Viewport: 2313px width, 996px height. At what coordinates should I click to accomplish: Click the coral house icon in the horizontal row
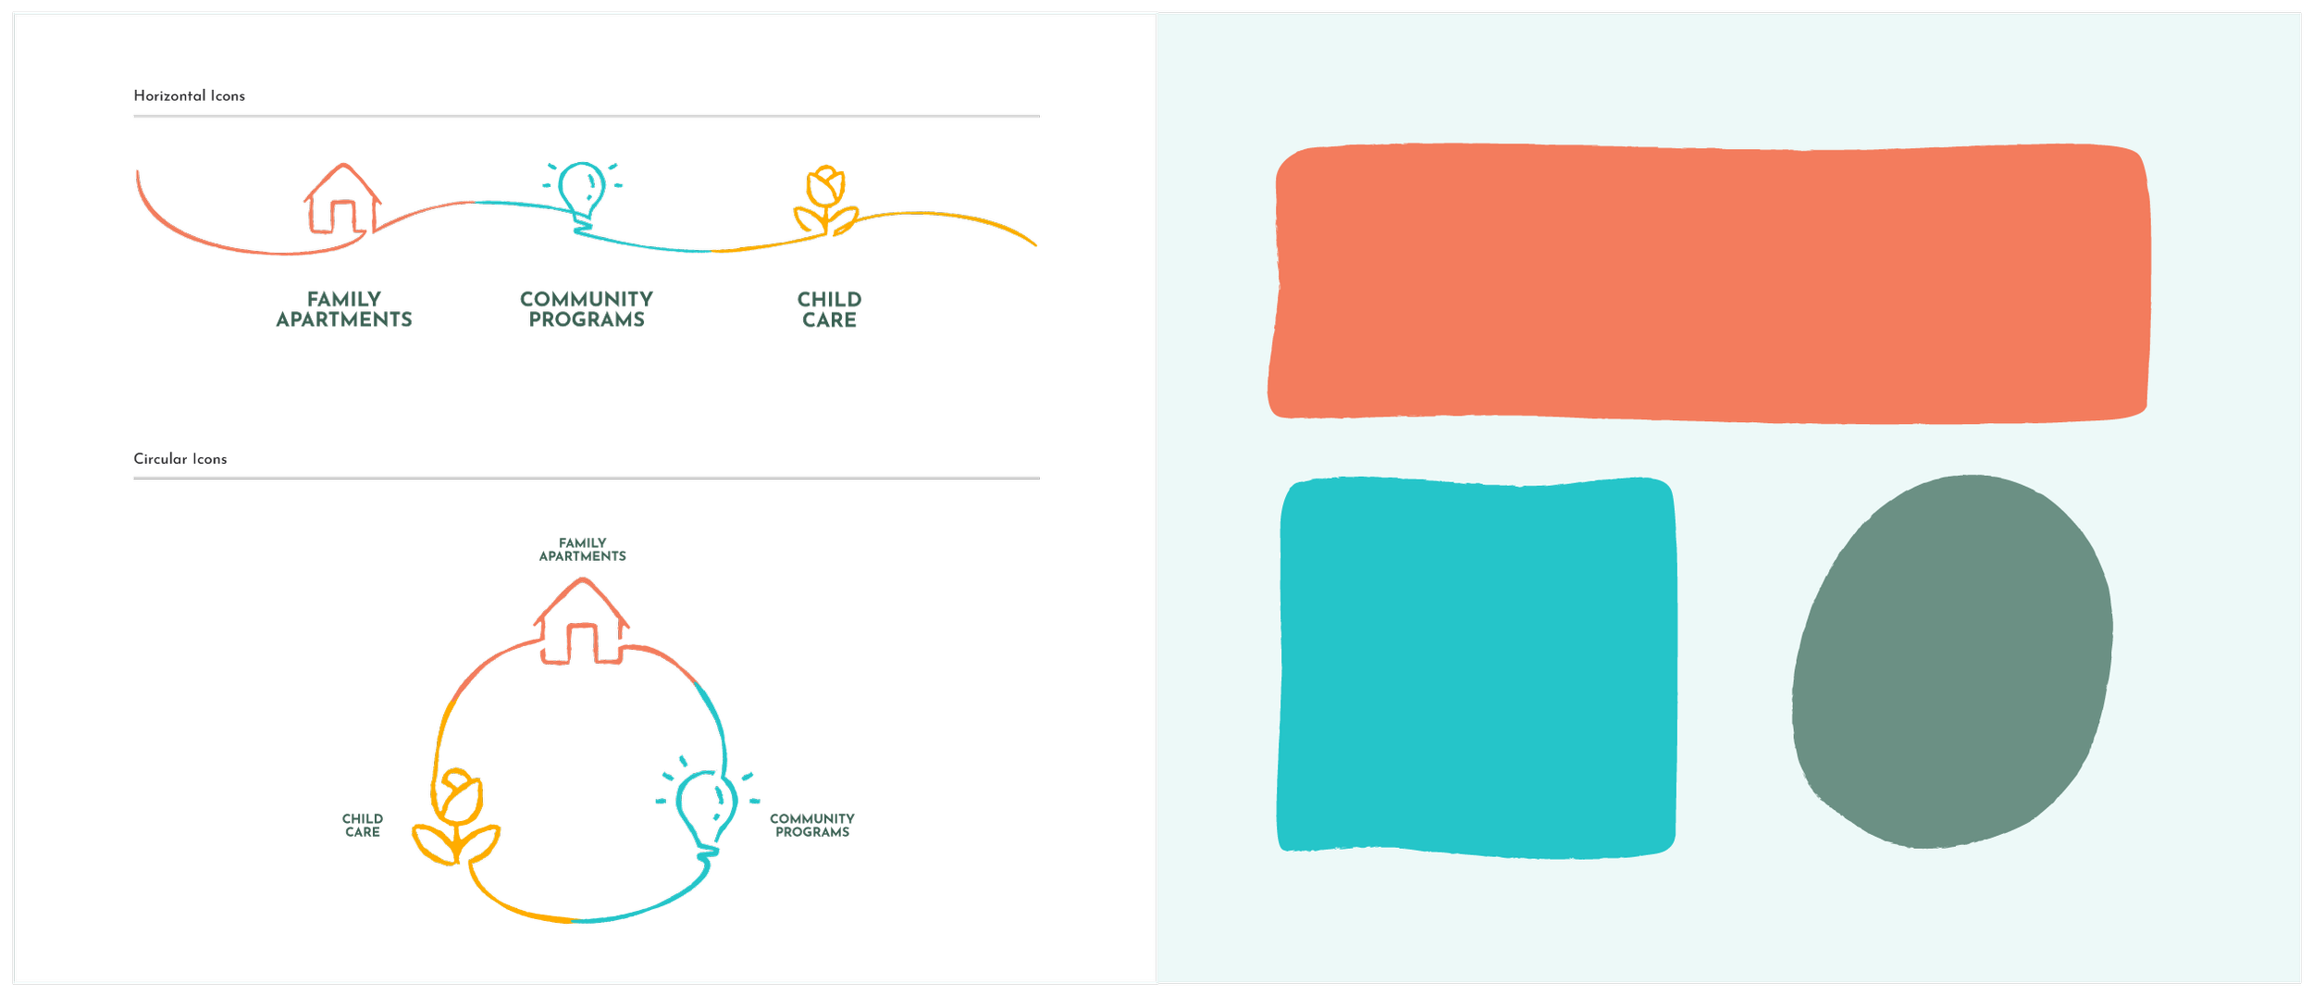pyautogui.click(x=342, y=199)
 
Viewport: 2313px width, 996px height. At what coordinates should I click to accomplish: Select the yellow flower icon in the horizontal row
pyautogui.click(x=825, y=199)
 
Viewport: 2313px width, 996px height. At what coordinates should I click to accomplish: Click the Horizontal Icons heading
pyautogui.click(x=189, y=96)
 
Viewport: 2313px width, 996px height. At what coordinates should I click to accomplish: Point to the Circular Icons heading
pyautogui.click(x=179, y=459)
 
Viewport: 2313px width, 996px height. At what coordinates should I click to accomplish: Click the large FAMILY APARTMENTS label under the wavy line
pyautogui.click(x=344, y=309)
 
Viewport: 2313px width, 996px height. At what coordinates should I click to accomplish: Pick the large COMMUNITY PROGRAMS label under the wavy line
pyautogui.click(x=587, y=309)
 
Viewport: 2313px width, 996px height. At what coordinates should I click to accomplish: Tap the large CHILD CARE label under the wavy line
pyautogui.click(x=830, y=309)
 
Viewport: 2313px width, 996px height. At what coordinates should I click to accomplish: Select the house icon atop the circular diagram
pyautogui.click(x=581, y=622)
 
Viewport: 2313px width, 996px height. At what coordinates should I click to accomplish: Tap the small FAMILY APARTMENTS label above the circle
pyautogui.click(x=582, y=550)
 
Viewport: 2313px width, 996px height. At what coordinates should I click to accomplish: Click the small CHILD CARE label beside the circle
pyautogui.click(x=363, y=826)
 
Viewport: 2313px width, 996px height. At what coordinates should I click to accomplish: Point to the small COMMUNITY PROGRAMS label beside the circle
pyautogui.click(x=812, y=826)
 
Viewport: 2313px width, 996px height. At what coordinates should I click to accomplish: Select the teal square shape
pyautogui.click(x=1477, y=667)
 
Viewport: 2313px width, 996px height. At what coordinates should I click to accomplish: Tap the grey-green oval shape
pyautogui.click(x=1952, y=661)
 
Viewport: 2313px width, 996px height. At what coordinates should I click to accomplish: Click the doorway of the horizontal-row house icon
pyautogui.click(x=343, y=218)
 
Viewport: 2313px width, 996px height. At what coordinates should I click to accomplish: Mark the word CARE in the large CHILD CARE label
pyautogui.click(x=830, y=320)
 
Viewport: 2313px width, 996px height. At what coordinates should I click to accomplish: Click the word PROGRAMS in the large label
pyautogui.click(x=587, y=320)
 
